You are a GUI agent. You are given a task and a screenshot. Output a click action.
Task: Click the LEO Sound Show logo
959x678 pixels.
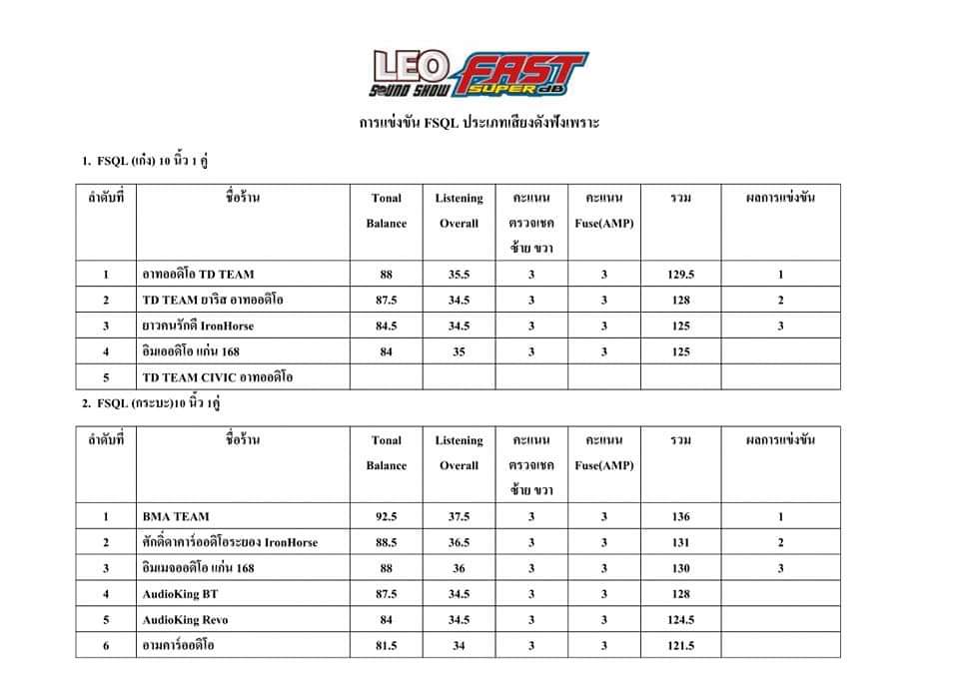point(415,74)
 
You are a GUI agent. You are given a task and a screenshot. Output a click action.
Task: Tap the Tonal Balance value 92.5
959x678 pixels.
point(386,517)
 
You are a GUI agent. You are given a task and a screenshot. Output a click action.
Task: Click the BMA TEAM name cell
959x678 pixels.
point(177,517)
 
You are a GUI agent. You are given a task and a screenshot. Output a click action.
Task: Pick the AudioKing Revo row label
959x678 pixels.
point(186,620)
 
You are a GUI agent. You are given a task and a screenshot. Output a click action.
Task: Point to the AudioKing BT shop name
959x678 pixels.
point(181,594)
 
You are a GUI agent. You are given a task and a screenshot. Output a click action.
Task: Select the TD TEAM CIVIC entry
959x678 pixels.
point(218,377)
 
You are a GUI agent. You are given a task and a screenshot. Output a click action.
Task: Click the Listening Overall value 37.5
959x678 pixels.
point(459,517)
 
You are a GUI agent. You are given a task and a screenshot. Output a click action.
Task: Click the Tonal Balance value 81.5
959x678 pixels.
point(386,646)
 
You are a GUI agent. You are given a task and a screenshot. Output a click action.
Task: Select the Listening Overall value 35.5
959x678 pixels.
point(459,275)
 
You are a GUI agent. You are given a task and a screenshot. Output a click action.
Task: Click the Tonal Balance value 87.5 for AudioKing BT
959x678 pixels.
point(386,594)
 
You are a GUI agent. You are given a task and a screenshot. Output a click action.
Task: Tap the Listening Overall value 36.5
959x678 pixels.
point(459,543)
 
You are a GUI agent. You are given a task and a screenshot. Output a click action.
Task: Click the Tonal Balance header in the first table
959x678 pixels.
point(386,211)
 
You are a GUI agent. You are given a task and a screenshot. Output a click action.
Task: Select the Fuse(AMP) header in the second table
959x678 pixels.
point(604,453)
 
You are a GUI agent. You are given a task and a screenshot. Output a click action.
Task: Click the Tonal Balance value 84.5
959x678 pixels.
point(386,326)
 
